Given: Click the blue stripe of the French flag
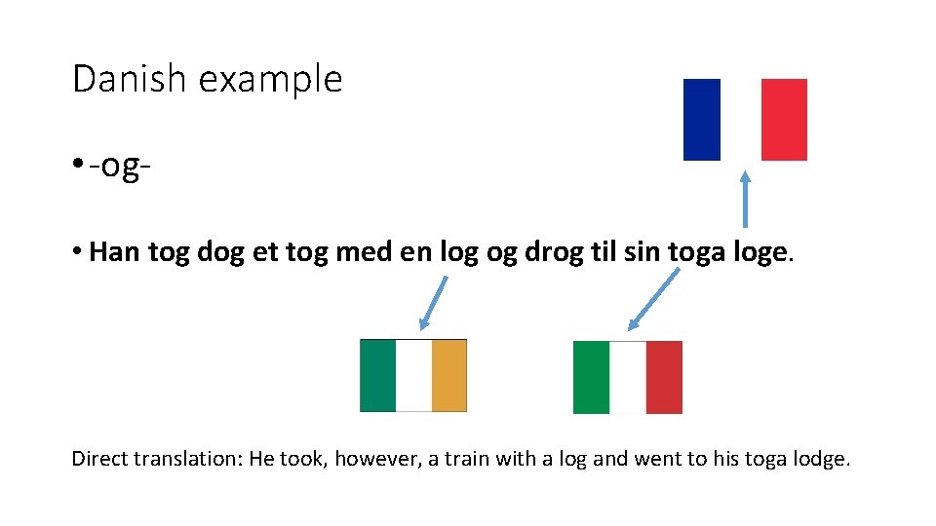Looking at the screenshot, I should click(x=702, y=120).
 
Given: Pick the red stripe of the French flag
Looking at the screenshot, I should click(x=784, y=120).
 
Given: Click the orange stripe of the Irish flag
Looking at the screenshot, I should click(x=449, y=375).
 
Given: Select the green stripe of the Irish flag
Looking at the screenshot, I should click(x=378, y=375).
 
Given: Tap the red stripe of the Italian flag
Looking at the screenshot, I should click(x=664, y=377).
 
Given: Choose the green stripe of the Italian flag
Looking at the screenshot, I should click(x=592, y=377).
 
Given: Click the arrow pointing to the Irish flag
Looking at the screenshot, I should click(x=433, y=303).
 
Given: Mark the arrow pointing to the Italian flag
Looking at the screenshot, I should click(x=654, y=300).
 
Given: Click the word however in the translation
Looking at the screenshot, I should click(x=377, y=458).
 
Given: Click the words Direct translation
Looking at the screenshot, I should click(x=156, y=458).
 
